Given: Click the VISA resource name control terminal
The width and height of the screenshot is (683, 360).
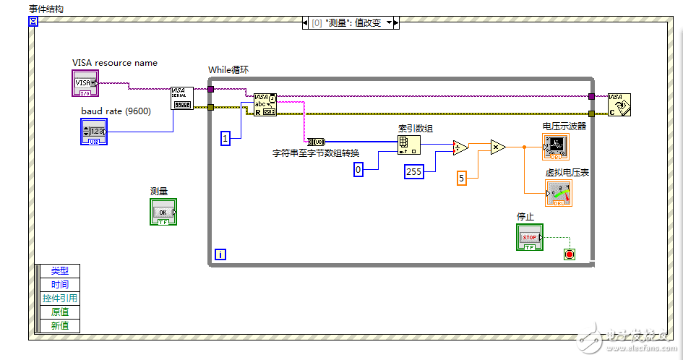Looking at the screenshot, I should tap(86, 83).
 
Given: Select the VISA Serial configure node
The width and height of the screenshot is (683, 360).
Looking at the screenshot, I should tap(181, 98).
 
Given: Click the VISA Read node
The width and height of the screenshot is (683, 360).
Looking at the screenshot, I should tap(265, 105).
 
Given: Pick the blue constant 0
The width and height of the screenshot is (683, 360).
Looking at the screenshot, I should tap(358, 169).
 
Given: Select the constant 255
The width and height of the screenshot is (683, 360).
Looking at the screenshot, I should tap(413, 172).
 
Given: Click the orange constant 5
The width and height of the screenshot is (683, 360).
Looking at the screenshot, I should tap(462, 177).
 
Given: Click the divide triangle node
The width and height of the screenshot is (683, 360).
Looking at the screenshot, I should tap(460, 148).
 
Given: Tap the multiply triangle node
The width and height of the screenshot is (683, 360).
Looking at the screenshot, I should tap(498, 147).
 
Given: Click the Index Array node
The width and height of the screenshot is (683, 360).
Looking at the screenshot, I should tap(408, 145).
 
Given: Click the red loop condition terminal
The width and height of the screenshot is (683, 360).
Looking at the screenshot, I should tap(569, 254).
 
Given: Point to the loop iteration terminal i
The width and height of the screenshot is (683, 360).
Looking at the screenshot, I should tap(220, 254).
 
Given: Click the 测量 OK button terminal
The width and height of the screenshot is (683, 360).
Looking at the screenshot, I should tap(163, 212).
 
